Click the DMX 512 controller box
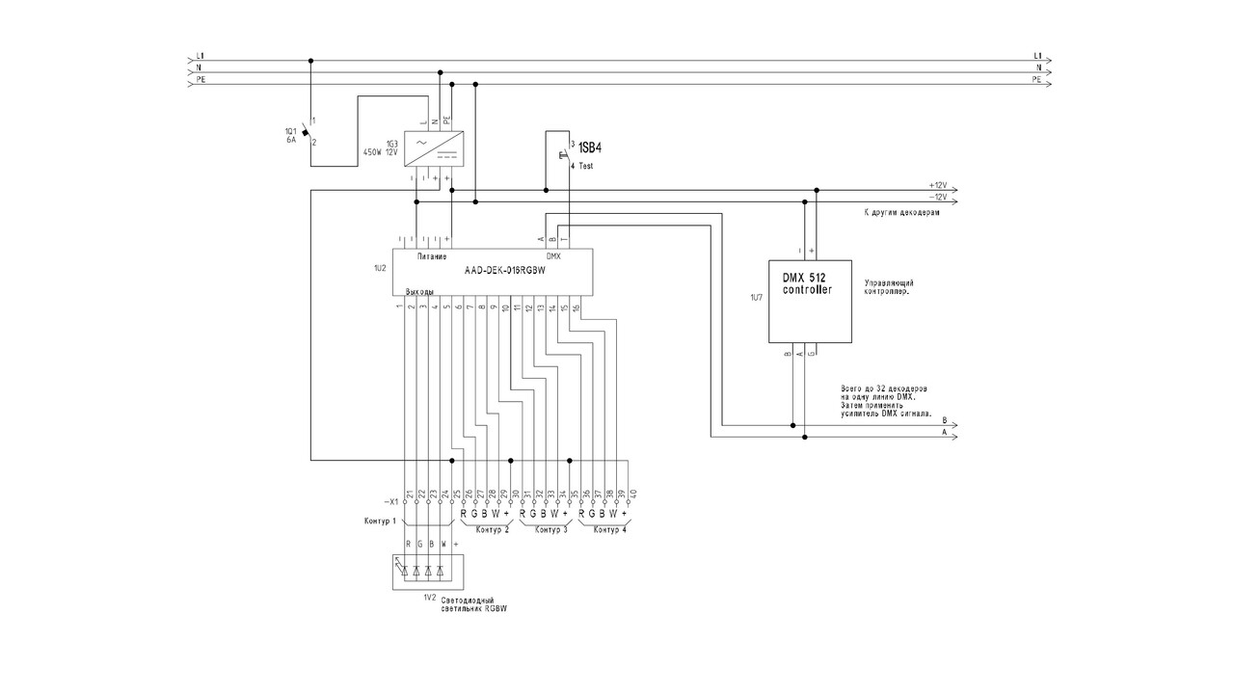tap(811, 301)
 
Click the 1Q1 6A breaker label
tap(290, 135)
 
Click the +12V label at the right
tap(937, 184)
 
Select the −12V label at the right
tap(937, 196)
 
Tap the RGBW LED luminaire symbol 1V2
tap(427, 571)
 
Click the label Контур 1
tap(382, 521)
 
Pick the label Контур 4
tap(609, 530)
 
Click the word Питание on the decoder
tap(431, 256)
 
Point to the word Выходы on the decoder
tap(418, 290)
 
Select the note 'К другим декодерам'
tap(901, 212)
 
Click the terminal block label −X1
tap(390, 503)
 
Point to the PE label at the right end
tap(1036, 81)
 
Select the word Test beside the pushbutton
tap(586, 166)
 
